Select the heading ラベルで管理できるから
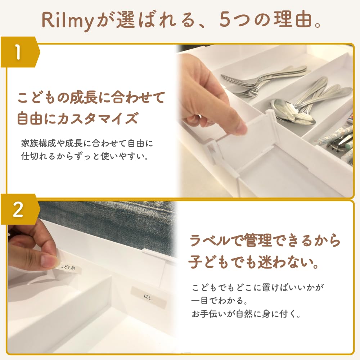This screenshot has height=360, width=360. (x=264, y=241)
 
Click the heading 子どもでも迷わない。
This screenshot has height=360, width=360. (x=254, y=263)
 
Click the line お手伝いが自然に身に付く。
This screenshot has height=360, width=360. (x=246, y=314)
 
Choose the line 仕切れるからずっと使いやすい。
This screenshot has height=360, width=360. (x=85, y=157)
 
